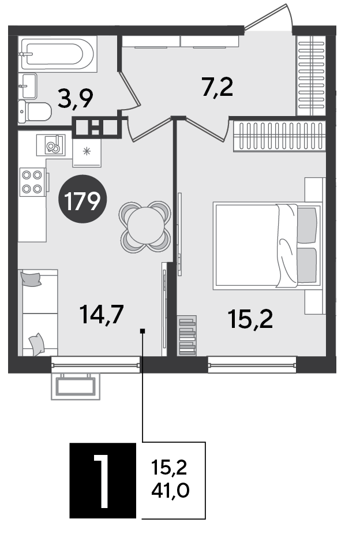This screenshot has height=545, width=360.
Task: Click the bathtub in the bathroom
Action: coord(58,54)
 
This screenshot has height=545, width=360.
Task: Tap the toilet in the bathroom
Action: coord(35,111)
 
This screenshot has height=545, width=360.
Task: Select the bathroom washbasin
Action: coord(29,85)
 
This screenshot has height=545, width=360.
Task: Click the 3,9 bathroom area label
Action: coord(76,99)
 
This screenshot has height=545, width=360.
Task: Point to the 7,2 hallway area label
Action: coord(217,87)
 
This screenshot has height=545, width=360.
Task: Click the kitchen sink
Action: coord(51,145)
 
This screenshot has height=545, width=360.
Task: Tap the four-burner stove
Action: coord(32,182)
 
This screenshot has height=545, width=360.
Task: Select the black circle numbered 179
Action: coord(82,199)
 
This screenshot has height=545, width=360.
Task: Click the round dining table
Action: coord(145,227)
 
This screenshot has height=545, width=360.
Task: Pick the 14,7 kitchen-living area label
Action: coord(102,314)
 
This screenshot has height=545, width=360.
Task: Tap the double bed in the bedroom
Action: coord(267,246)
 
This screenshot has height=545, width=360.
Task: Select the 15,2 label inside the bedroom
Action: coord(250,319)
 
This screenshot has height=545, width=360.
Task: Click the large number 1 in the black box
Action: coord(103,481)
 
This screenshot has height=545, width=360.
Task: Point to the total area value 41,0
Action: coord(170,491)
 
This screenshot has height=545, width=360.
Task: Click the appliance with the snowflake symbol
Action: coord(87,152)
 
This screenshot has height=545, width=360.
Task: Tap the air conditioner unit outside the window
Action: coord(76,386)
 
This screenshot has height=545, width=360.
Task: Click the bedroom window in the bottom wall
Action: coord(252,365)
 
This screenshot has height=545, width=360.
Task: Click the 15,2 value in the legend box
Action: coord(169,468)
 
